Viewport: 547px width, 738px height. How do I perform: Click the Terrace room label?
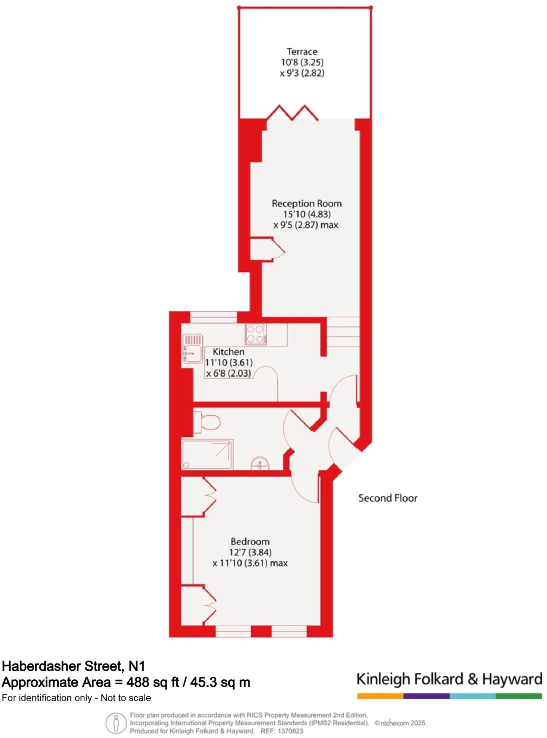point(302,52)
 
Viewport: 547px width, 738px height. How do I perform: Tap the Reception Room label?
point(306,204)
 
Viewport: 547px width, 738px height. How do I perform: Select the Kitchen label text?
point(228,352)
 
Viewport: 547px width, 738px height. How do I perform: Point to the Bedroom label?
point(250,542)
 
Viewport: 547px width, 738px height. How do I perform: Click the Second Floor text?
point(388,498)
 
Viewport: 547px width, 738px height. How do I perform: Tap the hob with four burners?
point(256,334)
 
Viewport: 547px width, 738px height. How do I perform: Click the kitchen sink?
point(193,348)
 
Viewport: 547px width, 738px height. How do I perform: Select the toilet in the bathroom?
point(207,422)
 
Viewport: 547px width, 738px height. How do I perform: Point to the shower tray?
point(207,454)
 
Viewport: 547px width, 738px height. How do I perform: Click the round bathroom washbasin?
point(260,464)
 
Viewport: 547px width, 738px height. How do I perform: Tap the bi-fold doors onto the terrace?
point(292,112)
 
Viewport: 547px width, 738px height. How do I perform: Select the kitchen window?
point(213,317)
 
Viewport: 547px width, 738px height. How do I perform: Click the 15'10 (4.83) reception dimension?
point(306,214)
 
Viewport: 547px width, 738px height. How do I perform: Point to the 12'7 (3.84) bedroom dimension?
point(250,552)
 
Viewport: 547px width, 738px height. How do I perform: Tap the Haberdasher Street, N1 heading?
point(73,666)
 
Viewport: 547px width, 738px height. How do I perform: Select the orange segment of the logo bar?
point(380,696)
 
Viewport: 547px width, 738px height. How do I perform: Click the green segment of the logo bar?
point(519,696)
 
